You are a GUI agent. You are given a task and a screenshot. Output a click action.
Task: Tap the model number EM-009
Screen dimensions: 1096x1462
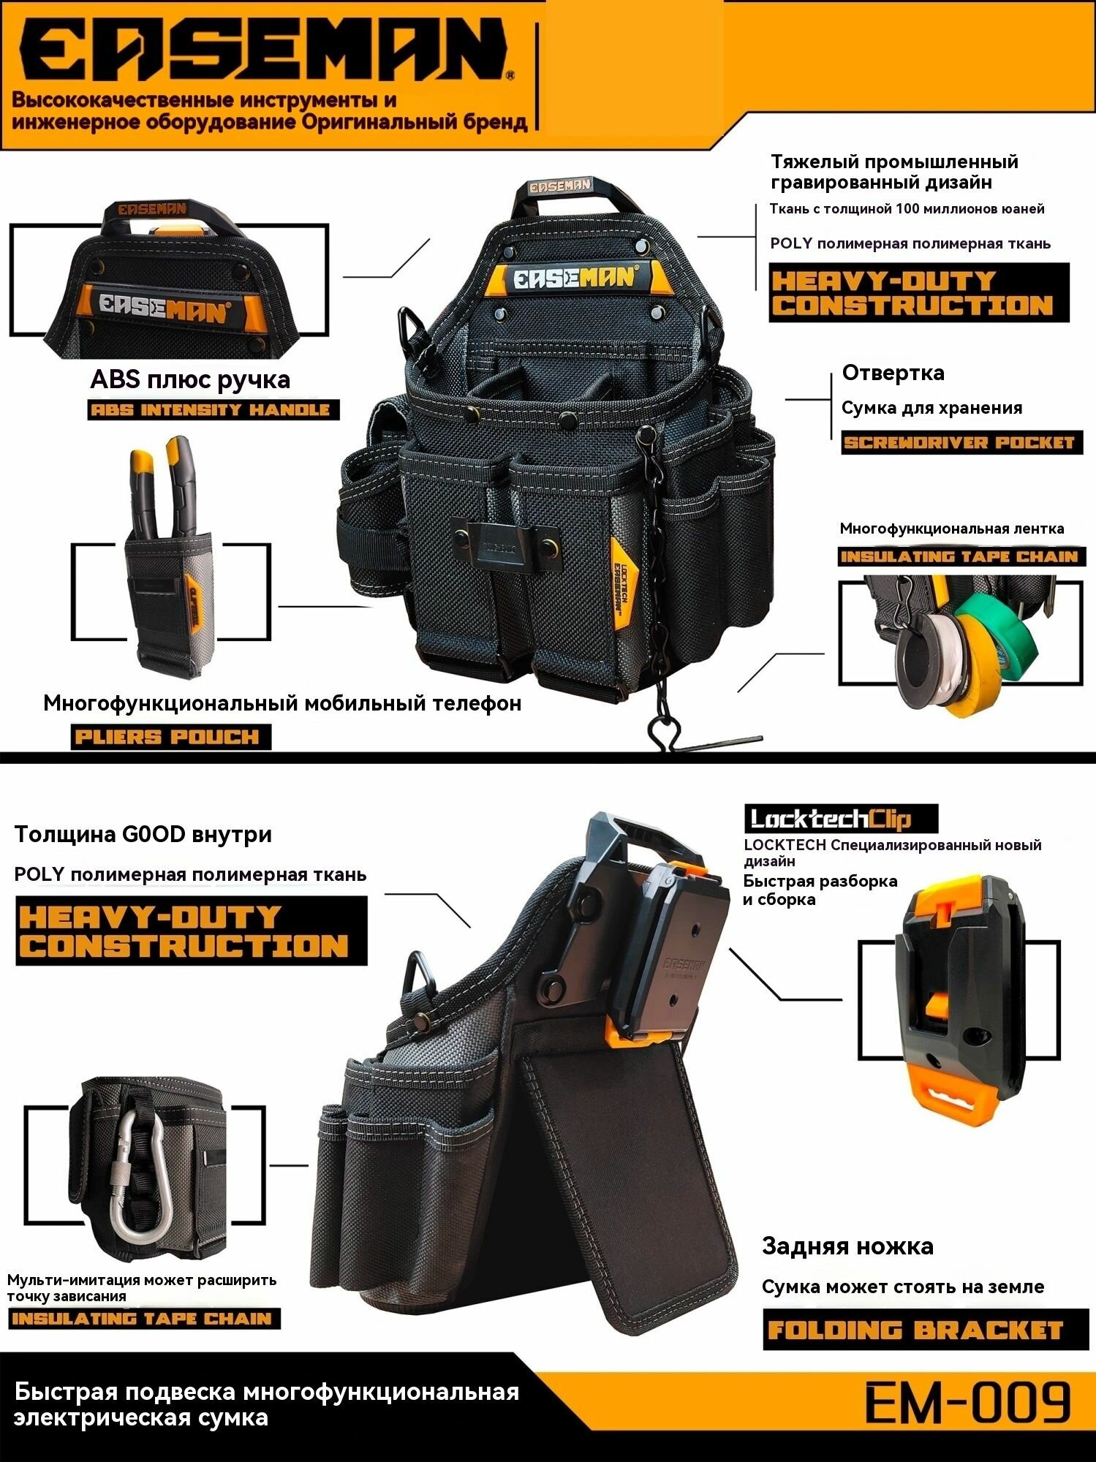(968, 1401)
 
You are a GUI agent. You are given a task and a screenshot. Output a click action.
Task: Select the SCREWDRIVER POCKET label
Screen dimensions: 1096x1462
(961, 442)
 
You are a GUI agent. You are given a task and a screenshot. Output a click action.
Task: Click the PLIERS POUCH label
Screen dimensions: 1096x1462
(170, 736)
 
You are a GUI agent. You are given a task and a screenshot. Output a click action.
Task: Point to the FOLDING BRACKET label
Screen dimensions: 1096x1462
(915, 1328)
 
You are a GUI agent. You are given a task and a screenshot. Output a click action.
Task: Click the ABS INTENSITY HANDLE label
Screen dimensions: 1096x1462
(213, 409)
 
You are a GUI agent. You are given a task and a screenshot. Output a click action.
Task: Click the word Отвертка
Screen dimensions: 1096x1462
(893, 373)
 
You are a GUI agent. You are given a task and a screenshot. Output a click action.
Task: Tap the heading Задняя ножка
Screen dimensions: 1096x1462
(847, 1246)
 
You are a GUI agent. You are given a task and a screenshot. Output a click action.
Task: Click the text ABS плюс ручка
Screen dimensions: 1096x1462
(190, 379)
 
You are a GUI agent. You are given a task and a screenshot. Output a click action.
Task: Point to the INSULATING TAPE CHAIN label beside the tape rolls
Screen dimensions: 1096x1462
(961, 556)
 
